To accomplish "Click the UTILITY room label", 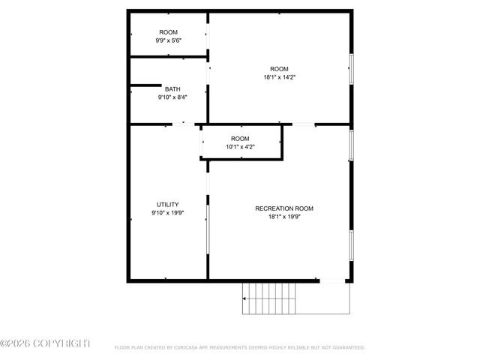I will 167,204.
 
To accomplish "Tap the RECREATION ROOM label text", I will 284,208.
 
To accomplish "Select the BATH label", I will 172,89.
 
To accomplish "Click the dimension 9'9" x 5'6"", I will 168,40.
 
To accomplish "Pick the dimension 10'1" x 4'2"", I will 240,147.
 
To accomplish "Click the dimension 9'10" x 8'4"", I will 172,97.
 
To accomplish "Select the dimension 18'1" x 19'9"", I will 284,217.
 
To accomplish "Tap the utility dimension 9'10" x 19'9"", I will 167,212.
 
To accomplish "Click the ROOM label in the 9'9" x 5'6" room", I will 168,31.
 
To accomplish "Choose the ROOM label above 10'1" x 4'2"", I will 240,139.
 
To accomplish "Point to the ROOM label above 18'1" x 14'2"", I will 279,68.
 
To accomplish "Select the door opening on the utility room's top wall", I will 184,124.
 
